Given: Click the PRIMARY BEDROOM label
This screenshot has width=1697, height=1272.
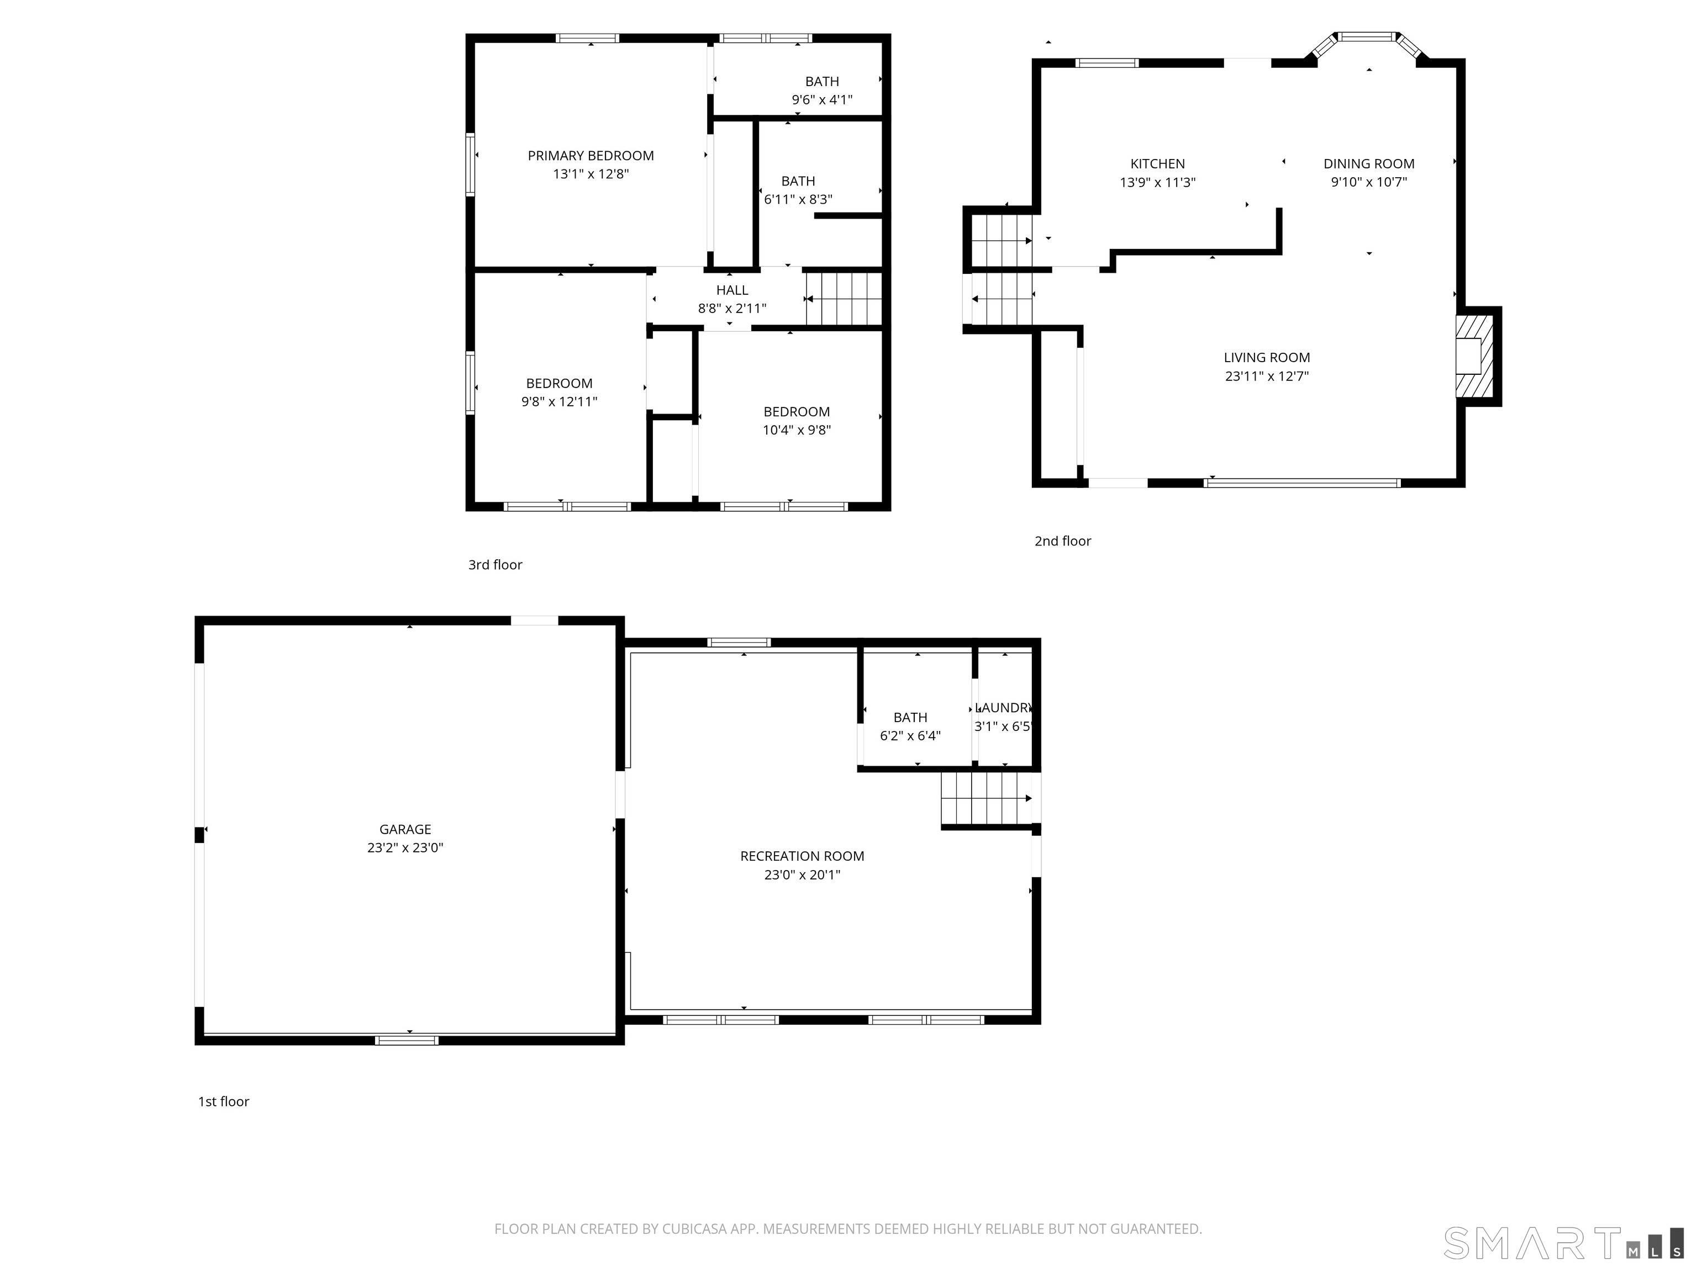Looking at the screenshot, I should click(x=591, y=156).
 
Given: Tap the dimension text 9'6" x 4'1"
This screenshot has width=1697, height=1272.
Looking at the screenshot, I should click(x=821, y=100).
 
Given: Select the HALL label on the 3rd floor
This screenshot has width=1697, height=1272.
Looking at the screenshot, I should click(x=732, y=290).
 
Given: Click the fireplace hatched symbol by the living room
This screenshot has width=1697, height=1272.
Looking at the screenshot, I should click(x=1474, y=357).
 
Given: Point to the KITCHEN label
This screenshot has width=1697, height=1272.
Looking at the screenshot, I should click(x=1157, y=163).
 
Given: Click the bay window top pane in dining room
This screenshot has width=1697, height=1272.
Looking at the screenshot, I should click(x=1368, y=36).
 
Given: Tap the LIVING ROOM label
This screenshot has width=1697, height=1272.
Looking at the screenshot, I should click(x=1267, y=357).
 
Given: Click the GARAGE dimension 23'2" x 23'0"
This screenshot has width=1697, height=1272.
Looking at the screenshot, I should click(x=405, y=848).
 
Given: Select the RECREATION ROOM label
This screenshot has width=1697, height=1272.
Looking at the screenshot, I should click(x=802, y=856).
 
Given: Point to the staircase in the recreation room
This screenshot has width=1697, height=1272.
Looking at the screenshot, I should click(x=986, y=798).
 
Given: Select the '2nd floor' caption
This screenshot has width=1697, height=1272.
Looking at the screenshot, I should click(x=1062, y=541).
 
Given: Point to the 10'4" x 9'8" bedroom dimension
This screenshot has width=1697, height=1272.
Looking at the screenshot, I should click(x=797, y=430).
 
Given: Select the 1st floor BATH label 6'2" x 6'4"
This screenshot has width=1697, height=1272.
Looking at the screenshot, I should click(x=910, y=718).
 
